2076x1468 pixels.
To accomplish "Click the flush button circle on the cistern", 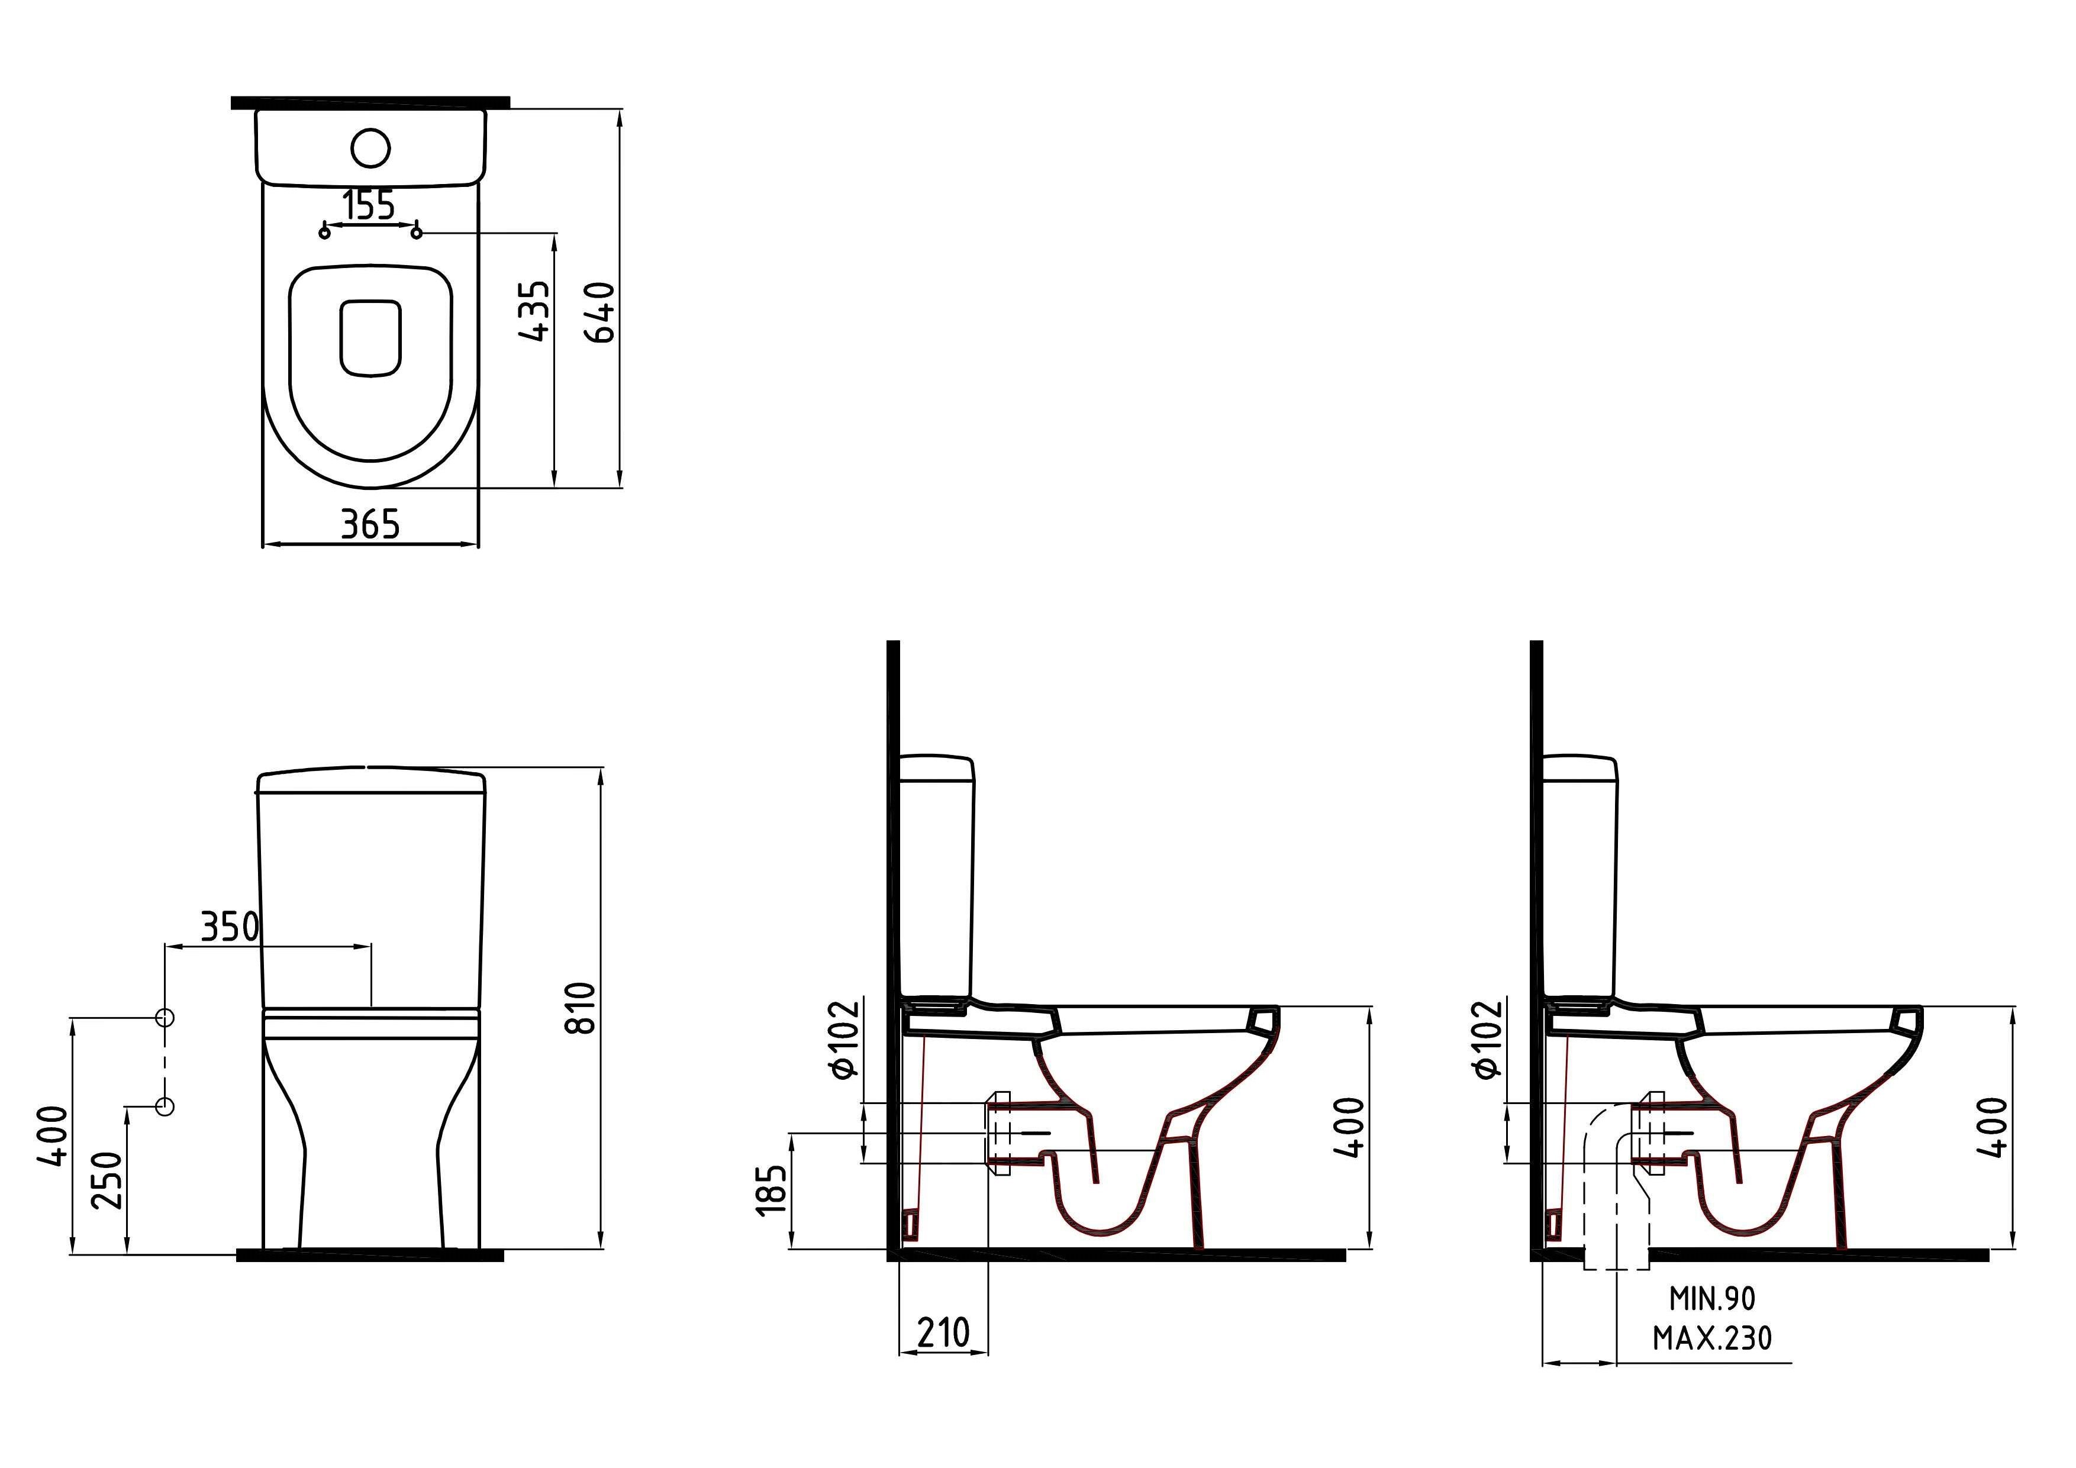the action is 370,149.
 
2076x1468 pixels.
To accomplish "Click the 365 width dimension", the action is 370,524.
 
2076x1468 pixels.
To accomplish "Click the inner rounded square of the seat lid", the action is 370,338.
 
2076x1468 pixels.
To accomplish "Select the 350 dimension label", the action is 230,927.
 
